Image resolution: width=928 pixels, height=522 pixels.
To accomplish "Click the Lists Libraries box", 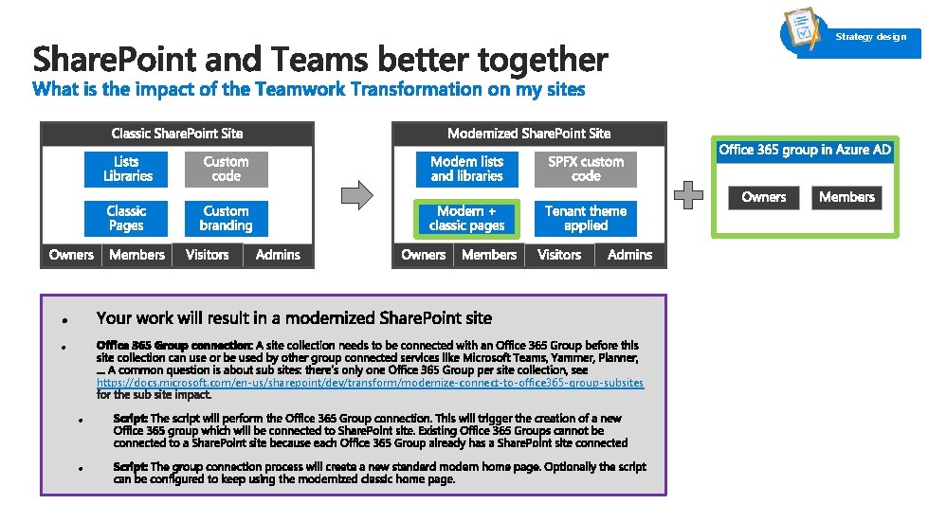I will pyautogui.click(x=127, y=170).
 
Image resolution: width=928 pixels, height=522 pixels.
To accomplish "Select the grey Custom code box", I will pyautogui.click(x=226, y=170).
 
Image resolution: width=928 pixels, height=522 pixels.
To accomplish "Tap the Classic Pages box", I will pyautogui.click(x=126, y=219).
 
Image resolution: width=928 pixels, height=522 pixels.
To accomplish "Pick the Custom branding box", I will pyautogui.click(x=226, y=219).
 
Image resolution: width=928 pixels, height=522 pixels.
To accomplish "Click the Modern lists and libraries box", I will pyautogui.click(x=466, y=170).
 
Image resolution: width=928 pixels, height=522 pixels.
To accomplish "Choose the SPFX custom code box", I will pyautogui.click(x=585, y=170).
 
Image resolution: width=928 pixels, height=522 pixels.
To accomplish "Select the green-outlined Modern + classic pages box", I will pyautogui.click(x=466, y=219).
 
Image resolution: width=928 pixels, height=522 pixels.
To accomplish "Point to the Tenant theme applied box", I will pyautogui.click(x=585, y=219).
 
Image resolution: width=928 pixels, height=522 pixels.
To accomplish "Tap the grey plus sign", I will pyautogui.click(x=688, y=195).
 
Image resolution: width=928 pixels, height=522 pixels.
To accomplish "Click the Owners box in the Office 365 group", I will pyautogui.click(x=764, y=197).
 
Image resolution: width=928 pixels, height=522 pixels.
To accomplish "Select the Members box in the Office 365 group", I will pyautogui.click(x=846, y=197).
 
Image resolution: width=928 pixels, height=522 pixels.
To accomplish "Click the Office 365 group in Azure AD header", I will pyautogui.click(x=805, y=150).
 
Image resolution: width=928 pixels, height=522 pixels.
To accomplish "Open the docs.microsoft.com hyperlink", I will pyautogui.click(x=370, y=383).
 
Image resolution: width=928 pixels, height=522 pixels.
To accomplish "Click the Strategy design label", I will pyautogui.click(x=870, y=37).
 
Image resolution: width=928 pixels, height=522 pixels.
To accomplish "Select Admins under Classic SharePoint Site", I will pyautogui.click(x=278, y=255).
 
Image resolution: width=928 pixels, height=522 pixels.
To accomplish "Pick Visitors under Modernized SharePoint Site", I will pyautogui.click(x=559, y=255).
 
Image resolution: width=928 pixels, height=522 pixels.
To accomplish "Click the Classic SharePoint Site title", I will pyautogui.click(x=177, y=134).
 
